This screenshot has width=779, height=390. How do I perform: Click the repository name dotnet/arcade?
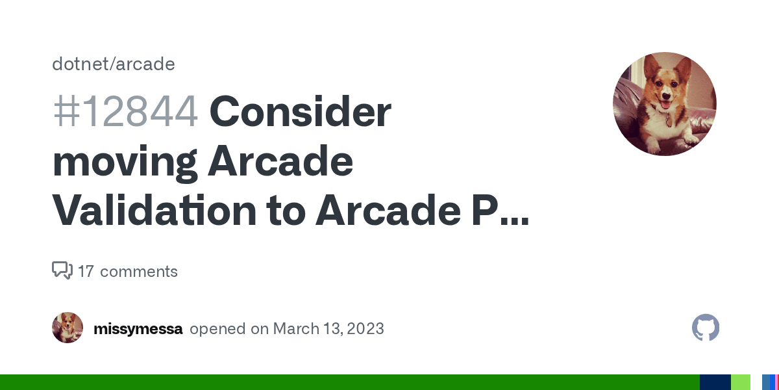pyautogui.click(x=114, y=64)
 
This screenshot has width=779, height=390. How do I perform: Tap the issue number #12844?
pyautogui.click(x=125, y=112)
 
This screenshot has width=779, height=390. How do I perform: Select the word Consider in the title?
pyautogui.click(x=300, y=112)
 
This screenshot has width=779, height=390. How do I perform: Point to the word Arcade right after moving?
pyautogui.click(x=280, y=162)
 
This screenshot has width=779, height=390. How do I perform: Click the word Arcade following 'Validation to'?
pyautogui.click(x=388, y=211)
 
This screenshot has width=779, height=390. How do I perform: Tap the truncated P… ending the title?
pyautogui.click(x=501, y=211)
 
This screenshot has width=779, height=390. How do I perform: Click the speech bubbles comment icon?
pyautogui.click(x=62, y=270)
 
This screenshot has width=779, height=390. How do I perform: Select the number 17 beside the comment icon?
pyautogui.click(x=86, y=272)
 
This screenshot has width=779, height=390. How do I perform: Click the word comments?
pyautogui.click(x=139, y=272)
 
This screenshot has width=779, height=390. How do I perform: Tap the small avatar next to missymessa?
pyautogui.click(x=68, y=328)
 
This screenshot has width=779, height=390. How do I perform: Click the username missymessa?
pyautogui.click(x=138, y=329)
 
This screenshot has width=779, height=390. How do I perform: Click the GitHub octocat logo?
pyautogui.click(x=706, y=328)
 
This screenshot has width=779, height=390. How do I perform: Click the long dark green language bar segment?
pyautogui.click(x=350, y=382)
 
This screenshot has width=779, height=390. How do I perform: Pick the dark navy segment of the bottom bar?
pyautogui.click(x=715, y=382)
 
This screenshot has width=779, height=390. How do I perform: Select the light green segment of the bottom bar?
pyautogui.click(x=741, y=382)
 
